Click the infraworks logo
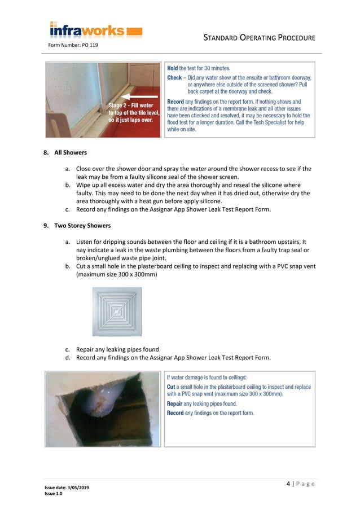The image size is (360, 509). (x=95, y=29)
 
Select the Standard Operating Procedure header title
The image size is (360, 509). (x=258, y=37)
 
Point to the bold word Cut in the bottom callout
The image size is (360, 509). (x=171, y=387)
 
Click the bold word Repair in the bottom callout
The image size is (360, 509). (x=175, y=404)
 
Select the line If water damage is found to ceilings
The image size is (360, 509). (x=207, y=377)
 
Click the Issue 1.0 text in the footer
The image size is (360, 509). (x=54, y=494)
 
